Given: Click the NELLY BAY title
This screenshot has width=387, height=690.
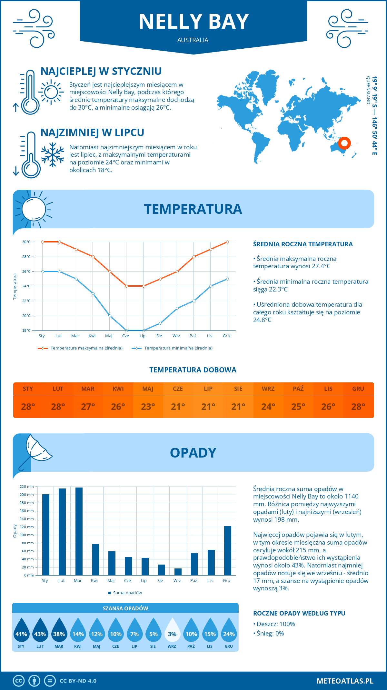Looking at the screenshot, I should [193, 22].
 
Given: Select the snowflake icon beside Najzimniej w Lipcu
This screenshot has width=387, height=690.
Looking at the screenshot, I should [53, 155].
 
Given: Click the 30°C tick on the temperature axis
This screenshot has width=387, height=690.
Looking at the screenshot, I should [26, 242].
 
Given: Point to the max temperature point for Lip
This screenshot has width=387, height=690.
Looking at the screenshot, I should [144, 286].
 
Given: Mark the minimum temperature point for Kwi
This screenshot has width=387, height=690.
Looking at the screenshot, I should [93, 293].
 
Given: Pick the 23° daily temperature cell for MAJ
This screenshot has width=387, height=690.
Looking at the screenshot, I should [148, 407].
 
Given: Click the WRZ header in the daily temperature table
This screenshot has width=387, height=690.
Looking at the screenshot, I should [268, 389].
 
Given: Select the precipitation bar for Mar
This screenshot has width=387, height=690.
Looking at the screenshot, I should [79, 531].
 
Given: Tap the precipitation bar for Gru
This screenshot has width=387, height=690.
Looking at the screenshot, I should [227, 551].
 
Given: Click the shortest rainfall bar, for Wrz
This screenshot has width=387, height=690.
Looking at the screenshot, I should [178, 572].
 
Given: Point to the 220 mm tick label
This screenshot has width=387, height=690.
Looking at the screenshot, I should [27, 487].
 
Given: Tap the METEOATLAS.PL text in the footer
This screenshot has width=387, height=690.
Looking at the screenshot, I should [345, 681].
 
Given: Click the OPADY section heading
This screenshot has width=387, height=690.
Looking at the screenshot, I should [193, 453].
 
